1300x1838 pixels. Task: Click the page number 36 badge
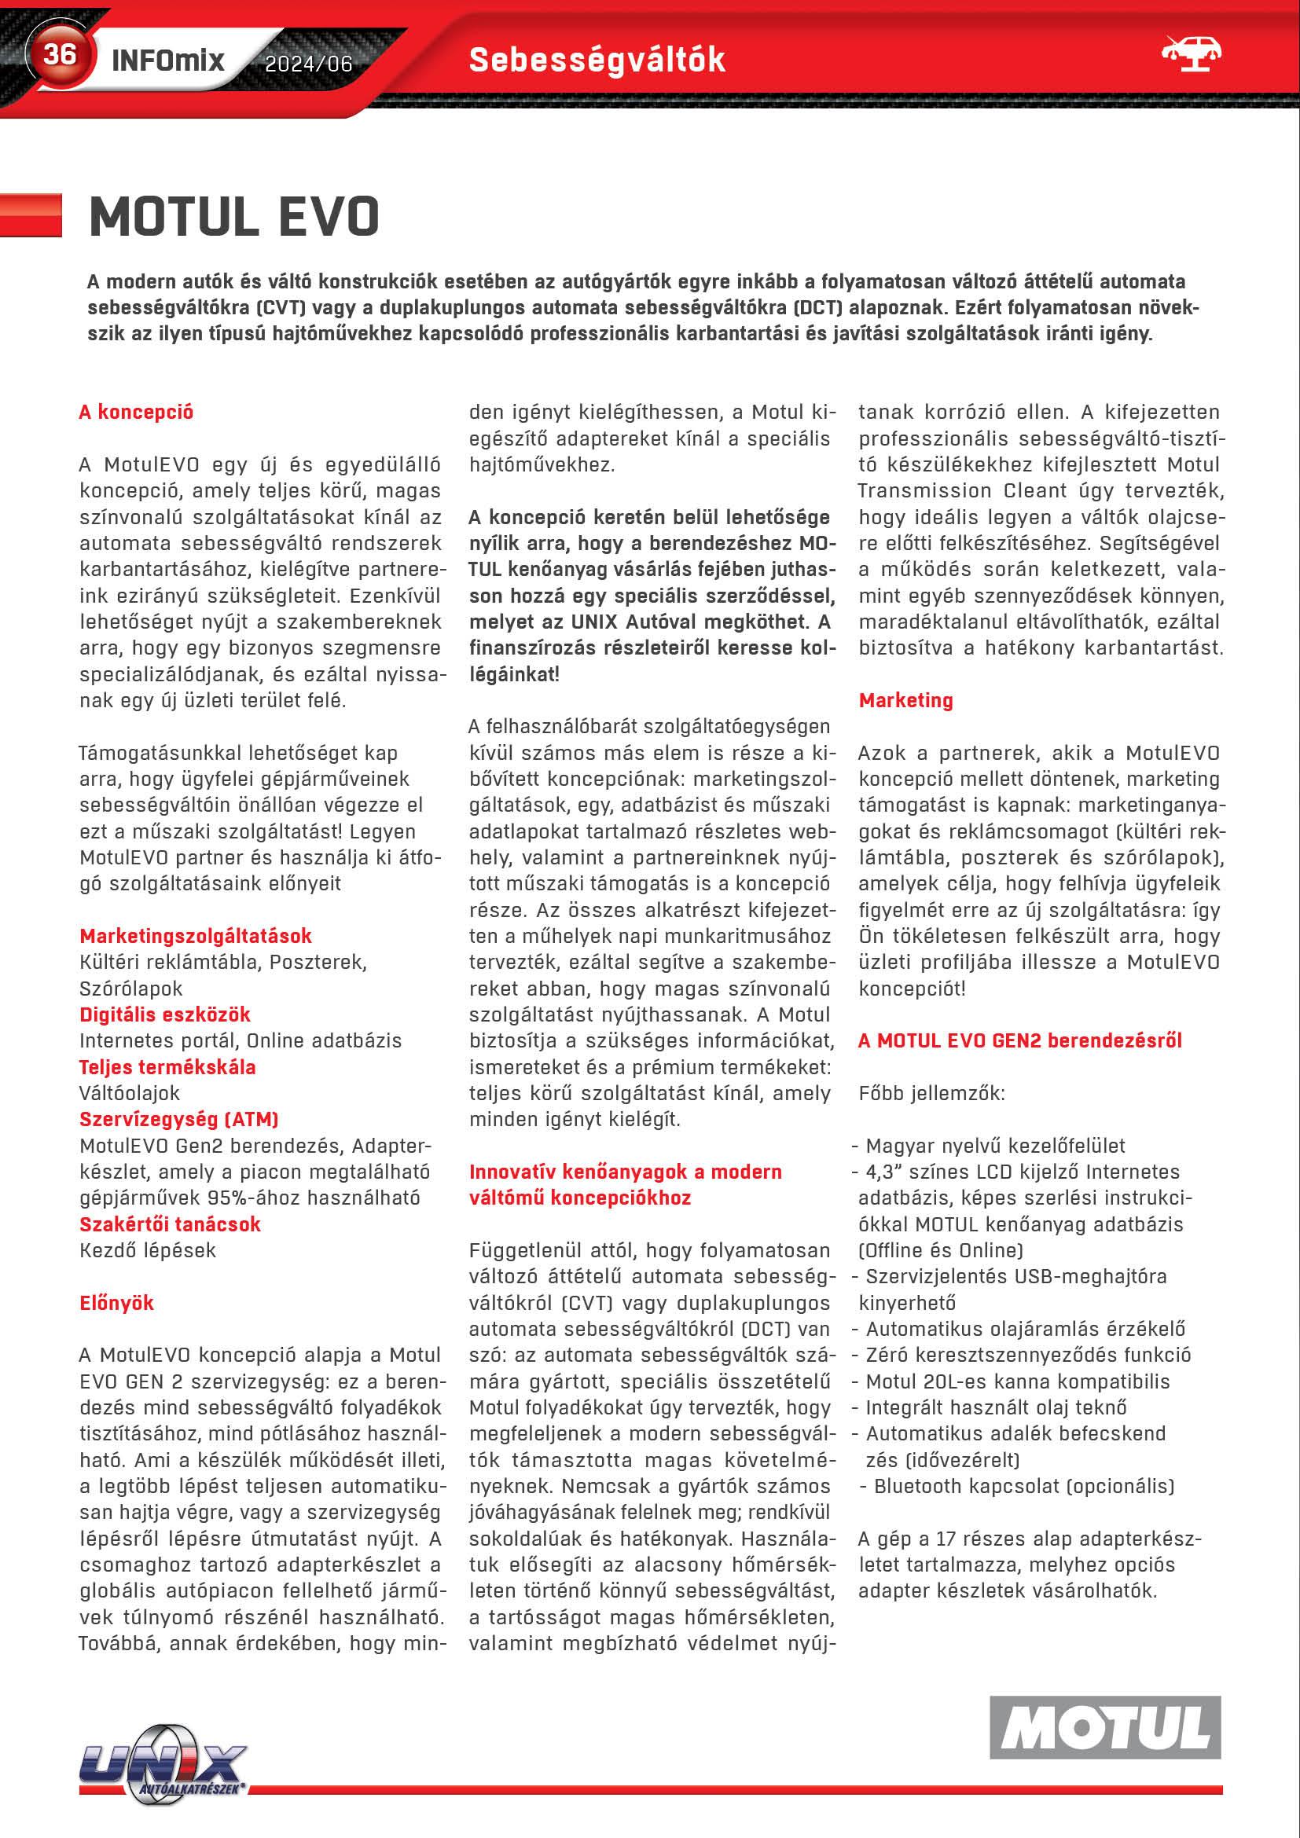[x=59, y=54]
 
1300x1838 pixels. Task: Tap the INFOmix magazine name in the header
[x=168, y=60]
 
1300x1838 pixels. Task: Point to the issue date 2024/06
[x=308, y=63]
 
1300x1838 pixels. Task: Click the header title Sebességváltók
[x=597, y=60]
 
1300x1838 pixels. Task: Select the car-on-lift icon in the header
[x=1190, y=53]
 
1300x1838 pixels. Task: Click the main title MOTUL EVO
[x=233, y=216]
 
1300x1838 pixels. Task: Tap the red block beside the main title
[x=31, y=215]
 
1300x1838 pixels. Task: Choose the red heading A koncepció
[x=136, y=413]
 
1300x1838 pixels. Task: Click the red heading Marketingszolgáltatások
[x=196, y=936]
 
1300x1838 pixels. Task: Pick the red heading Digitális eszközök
[x=165, y=1014]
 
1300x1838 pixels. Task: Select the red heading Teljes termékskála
[x=167, y=1067]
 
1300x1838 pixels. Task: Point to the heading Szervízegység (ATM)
[x=178, y=1119]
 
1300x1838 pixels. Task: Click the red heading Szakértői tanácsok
[x=170, y=1224]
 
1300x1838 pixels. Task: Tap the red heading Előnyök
[x=116, y=1302]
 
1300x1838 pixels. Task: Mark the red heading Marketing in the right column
[x=905, y=700]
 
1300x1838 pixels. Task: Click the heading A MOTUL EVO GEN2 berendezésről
[x=1019, y=1040]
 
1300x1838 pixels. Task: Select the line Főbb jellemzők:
[x=931, y=1093]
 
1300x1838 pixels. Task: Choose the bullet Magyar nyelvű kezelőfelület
[x=995, y=1146]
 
